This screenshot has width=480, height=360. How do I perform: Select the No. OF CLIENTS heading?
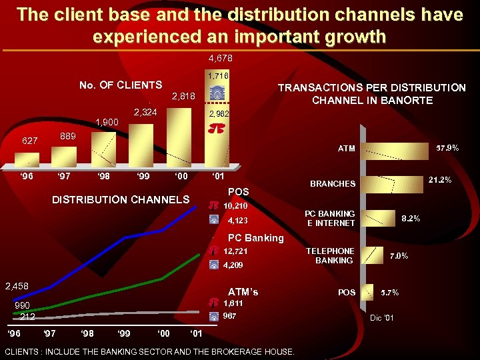pos(121,85)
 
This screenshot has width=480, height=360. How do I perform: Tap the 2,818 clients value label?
pos(183,97)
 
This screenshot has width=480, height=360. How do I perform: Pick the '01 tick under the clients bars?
pos(217,177)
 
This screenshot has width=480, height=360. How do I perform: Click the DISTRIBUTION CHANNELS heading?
pos(121,199)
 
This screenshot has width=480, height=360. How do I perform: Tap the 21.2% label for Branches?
pos(440,180)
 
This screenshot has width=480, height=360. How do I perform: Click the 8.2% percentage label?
pos(411,218)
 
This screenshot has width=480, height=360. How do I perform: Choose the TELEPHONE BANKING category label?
pos(330,256)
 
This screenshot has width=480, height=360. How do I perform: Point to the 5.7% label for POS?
pos(389,293)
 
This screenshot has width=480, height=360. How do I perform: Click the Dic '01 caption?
pos(381,318)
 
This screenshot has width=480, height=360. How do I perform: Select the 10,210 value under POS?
pos(237,205)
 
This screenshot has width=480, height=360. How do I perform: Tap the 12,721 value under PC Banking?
pos(237,251)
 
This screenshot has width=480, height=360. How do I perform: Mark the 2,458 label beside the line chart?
pos(17,287)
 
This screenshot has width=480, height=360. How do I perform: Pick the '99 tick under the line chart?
pos(123,333)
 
